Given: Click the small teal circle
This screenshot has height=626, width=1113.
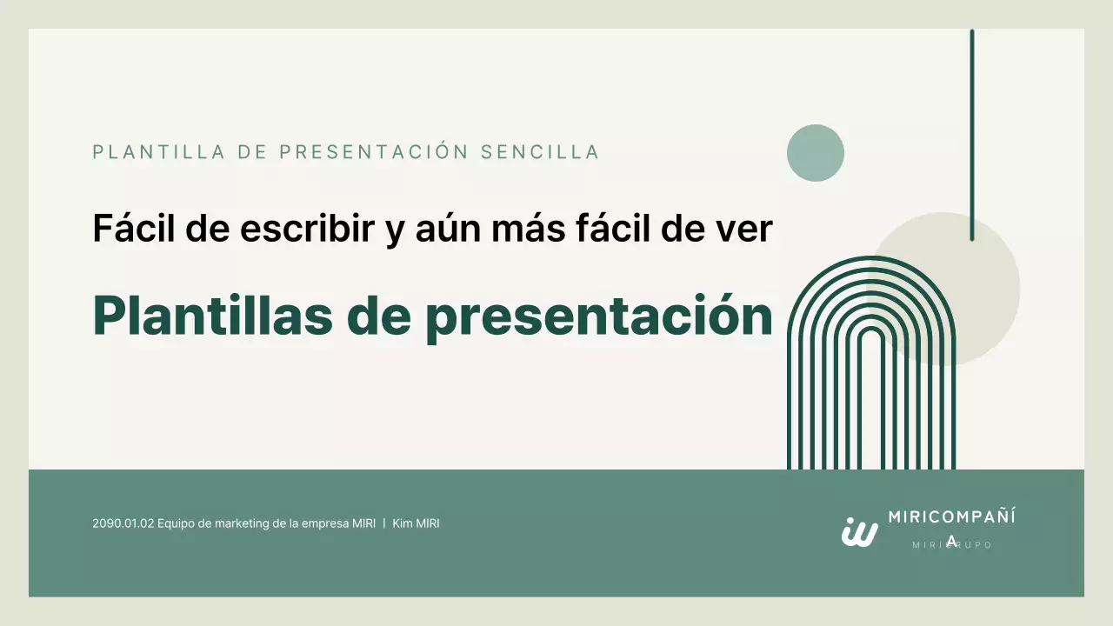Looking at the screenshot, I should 816,153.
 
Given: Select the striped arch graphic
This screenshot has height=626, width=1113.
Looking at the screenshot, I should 870,374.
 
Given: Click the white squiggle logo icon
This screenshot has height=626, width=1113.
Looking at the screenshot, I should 859,531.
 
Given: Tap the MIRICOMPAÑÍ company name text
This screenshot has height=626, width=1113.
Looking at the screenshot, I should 951,516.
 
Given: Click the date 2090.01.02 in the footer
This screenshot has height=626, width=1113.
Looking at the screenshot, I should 123,523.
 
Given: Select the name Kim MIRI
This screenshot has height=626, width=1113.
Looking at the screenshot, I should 416,523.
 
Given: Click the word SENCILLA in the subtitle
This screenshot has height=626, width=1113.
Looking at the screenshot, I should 540,152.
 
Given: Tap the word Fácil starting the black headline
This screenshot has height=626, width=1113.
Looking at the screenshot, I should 133,229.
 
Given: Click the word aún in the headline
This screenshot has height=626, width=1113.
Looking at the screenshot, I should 434,229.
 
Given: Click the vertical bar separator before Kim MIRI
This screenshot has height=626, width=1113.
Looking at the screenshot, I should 384,523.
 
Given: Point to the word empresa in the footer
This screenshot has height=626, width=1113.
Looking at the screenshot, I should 326,523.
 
